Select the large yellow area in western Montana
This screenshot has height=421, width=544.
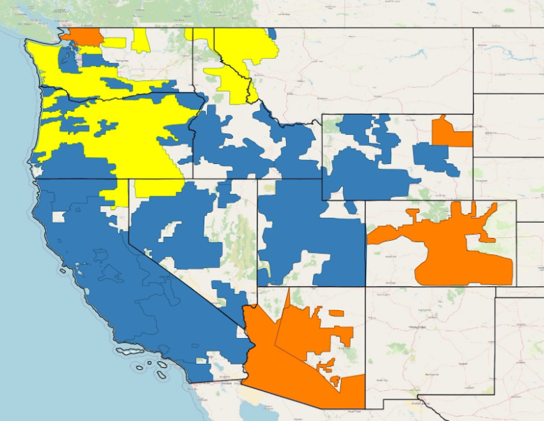pyautogui.click(x=241, y=63)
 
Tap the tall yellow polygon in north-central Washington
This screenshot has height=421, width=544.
pyautogui.click(x=141, y=40)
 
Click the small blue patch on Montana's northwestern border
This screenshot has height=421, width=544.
pyautogui.click(x=272, y=33)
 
